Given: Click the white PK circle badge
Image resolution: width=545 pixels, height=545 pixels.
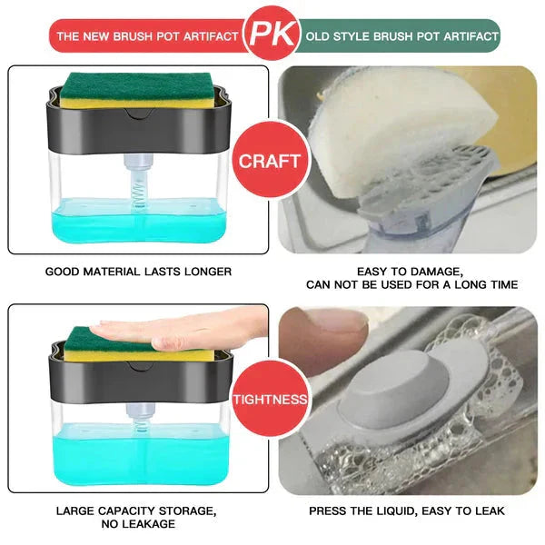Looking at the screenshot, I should coord(272,35).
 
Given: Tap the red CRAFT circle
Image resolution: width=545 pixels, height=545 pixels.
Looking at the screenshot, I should coord(270,161).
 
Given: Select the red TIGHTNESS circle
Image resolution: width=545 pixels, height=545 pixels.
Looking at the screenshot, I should coord(270,398).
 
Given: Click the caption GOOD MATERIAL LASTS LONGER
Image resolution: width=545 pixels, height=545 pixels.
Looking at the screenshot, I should coord(138,271).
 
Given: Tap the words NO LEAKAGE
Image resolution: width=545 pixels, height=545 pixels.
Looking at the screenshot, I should coord(138,524).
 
